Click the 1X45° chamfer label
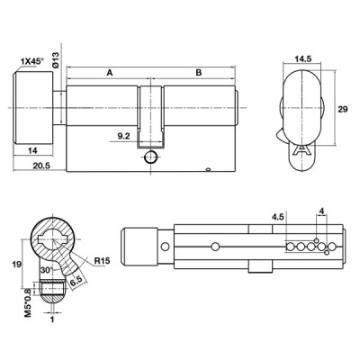tap(31, 61)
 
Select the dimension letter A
tap(110, 73)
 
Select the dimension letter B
tap(199, 73)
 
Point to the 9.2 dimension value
tap(123, 137)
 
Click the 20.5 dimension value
tap(41, 166)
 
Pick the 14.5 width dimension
tap(302, 58)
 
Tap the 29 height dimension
tap(343, 110)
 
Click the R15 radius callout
tap(102, 261)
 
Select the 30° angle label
tap(47, 270)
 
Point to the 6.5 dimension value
tap(76, 282)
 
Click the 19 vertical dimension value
tap(16, 265)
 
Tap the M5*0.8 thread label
tap(28, 302)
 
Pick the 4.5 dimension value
tap(277, 217)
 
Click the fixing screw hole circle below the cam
tap(150, 157)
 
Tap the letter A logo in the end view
tap(301, 149)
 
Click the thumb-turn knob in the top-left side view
tap(33, 107)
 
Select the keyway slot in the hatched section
tap(53, 239)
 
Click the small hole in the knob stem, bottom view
tap(165, 247)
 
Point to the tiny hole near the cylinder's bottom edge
tap(208, 170)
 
